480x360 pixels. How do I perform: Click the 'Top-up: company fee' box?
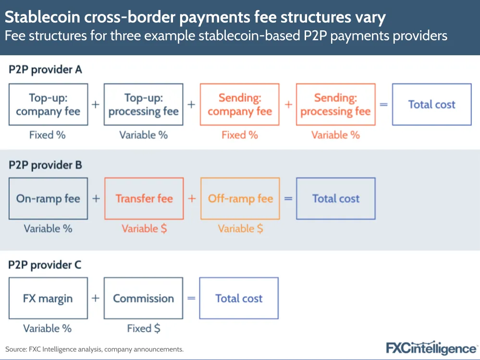[48, 105]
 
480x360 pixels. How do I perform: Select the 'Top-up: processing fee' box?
[144, 105]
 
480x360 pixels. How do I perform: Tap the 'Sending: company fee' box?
[240, 105]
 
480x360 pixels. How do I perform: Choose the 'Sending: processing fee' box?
[335, 105]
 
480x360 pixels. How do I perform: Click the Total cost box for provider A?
[431, 105]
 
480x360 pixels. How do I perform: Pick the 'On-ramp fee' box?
[48, 199]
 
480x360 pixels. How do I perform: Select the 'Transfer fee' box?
[144, 199]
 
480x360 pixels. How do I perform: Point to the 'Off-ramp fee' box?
[240, 199]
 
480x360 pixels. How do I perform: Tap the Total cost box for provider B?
[335, 199]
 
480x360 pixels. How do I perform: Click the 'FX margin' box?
[48, 298]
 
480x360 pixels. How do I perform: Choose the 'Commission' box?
[144, 298]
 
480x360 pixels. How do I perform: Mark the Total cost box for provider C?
[239, 298]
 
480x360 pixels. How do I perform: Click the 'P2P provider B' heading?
[45, 165]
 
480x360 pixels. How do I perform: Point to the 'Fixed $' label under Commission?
[144, 329]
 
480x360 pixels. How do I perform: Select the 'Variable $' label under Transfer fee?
[144, 229]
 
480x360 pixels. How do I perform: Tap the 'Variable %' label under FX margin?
[48, 329]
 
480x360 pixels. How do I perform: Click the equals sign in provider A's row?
[383, 104]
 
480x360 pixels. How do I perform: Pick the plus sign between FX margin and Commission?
[96, 298]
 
